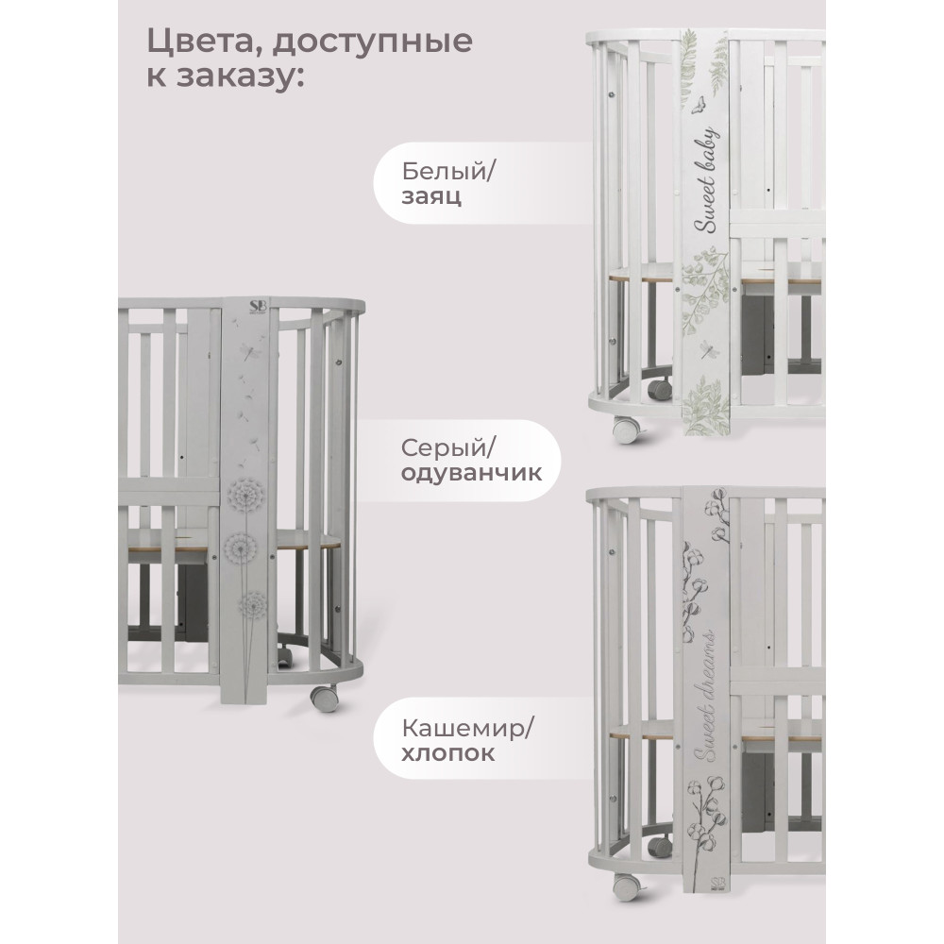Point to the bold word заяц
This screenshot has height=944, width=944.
(x=431, y=197)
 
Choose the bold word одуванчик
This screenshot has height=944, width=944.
(x=471, y=473)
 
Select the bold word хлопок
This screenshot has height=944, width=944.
(x=447, y=753)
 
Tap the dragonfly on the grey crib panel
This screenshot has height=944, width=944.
(x=248, y=349)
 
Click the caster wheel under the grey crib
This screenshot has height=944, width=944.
(x=324, y=697)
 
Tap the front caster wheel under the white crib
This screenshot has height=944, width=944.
(x=626, y=430)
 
